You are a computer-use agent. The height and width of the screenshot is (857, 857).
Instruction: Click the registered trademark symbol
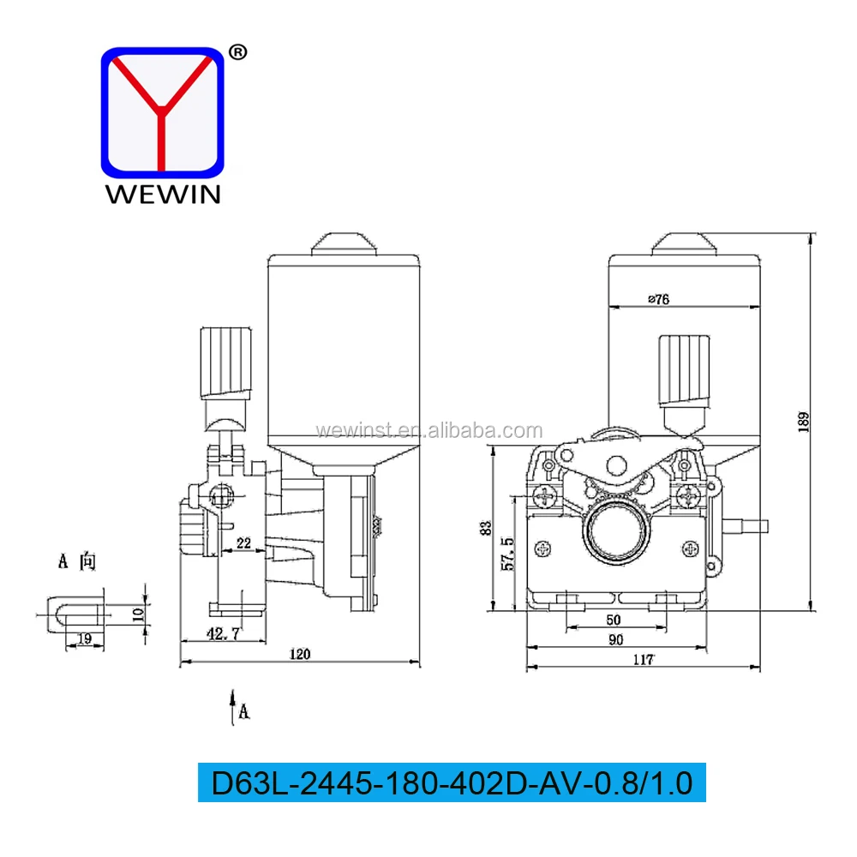[239, 52]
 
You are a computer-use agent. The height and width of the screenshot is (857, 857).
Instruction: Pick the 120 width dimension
[299, 654]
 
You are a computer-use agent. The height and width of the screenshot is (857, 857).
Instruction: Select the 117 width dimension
[643, 659]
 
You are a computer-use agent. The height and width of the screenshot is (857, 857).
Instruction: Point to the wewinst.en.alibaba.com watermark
[428, 430]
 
